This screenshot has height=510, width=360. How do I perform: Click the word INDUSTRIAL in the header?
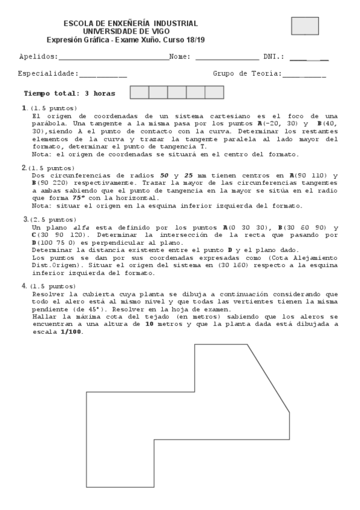tap(174, 23)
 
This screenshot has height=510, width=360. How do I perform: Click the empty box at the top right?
tap(305, 26)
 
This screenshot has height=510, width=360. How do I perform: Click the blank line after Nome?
tap(226, 59)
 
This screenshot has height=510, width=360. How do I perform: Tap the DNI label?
tap(273, 57)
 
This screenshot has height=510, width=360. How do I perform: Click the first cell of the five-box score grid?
tap(139, 93)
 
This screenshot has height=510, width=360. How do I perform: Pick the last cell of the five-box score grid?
tap(215, 93)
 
